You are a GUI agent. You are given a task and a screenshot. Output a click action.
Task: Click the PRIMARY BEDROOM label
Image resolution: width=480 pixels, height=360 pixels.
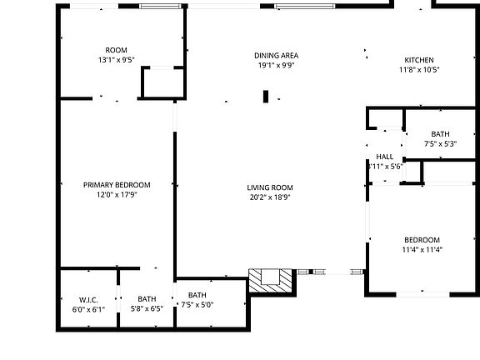116,185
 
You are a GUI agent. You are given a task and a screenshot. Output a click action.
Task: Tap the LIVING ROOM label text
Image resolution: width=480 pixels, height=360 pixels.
269,187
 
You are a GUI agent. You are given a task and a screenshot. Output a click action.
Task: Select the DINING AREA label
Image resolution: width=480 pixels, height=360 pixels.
276,56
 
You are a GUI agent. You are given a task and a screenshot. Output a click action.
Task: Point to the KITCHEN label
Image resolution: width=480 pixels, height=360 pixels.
419,60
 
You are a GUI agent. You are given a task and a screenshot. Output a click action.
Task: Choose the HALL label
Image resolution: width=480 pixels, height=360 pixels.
384,157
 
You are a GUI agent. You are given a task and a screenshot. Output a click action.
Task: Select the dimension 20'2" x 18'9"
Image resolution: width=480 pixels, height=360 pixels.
269,197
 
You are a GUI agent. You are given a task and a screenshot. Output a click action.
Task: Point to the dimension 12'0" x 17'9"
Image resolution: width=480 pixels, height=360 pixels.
116,195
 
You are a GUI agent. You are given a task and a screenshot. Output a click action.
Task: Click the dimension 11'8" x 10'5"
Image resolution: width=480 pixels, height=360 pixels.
419,70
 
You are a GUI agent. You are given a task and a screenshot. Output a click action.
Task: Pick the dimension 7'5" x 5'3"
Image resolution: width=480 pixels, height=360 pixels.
441,144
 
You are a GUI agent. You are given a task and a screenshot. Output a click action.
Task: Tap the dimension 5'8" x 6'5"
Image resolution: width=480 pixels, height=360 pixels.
147,309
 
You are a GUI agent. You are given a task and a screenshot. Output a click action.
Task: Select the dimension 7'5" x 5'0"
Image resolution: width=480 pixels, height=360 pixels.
197,305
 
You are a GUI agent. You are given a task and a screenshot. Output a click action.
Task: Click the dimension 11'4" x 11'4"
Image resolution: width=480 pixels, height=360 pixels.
422,249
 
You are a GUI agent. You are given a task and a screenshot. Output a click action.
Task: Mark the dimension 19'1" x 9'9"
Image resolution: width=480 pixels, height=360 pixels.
276,66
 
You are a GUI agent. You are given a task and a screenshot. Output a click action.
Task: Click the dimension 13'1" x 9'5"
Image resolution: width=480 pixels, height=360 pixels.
116,60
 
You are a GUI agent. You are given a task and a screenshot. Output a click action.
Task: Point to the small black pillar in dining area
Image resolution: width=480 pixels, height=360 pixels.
266,97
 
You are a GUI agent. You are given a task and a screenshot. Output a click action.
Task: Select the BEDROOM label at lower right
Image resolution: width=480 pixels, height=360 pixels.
422,240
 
